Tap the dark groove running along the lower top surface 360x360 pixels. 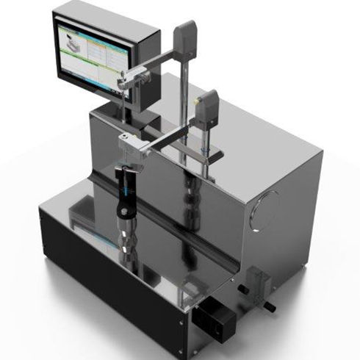(169, 228)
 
